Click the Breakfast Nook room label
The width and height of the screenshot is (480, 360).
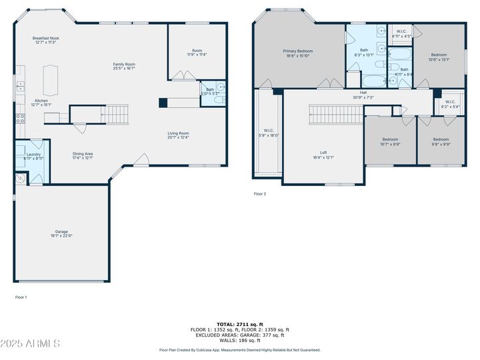click(x=46, y=41)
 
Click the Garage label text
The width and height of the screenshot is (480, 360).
click(x=61, y=233)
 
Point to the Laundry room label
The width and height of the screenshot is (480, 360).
click(x=33, y=156)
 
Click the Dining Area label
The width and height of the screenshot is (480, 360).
click(x=83, y=156)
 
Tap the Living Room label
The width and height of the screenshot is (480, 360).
click(x=178, y=135)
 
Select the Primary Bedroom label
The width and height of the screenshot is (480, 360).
click(x=298, y=53)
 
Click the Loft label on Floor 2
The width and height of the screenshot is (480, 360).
click(x=323, y=155)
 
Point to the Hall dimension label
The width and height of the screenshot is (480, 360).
click(x=363, y=95)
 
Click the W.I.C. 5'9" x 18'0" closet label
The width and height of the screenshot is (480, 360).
click(x=269, y=133)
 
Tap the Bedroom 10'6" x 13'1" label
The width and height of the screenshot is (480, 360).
click(x=438, y=57)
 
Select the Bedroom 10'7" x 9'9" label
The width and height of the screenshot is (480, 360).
click(x=389, y=141)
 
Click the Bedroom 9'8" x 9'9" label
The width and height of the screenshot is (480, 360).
click(x=441, y=141)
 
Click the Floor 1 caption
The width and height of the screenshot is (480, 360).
click(x=21, y=297)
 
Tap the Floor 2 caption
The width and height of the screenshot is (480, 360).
click(x=259, y=194)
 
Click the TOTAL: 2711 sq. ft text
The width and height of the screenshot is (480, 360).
click(x=239, y=324)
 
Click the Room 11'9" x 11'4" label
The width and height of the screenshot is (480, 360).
click(x=197, y=53)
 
